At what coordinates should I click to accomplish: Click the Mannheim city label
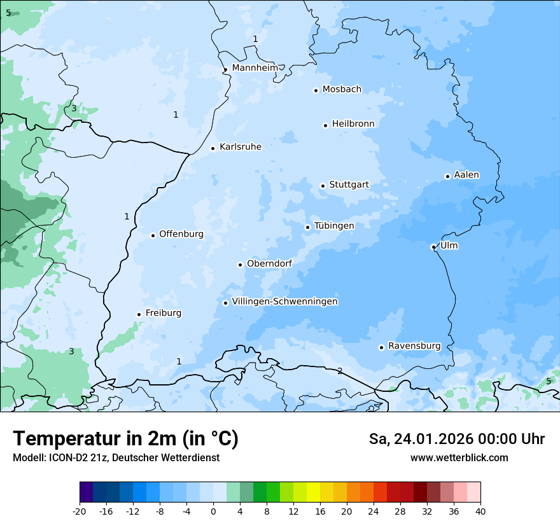tap(255, 67)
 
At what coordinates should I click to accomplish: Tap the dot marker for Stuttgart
tap(323, 186)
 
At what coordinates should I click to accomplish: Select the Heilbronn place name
tap(353, 123)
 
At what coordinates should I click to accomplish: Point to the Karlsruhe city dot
tap(213, 148)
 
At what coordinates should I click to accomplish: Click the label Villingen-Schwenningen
tap(284, 301)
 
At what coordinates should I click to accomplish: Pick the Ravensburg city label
tap(414, 345)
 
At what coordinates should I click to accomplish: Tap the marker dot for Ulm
tap(433, 247)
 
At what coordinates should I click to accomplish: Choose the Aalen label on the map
tap(466, 174)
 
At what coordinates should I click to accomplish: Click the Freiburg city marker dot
tap(139, 314)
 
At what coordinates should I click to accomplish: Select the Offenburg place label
tap(181, 233)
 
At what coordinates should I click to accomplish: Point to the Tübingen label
tap(334, 225)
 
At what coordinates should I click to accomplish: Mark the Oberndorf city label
tap(269, 263)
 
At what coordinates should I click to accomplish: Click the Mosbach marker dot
tap(316, 90)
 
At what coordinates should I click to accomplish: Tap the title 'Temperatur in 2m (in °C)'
tap(125, 438)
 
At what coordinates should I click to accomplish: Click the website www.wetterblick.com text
tap(459, 457)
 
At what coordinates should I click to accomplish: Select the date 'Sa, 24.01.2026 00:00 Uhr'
tap(456, 439)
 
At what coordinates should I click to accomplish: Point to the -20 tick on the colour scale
tap(80, 511)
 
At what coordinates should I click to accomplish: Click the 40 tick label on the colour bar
tap(480, 511)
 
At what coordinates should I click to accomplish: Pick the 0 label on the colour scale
tap(213, 511)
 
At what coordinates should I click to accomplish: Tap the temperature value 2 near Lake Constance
tap(340, 371)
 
